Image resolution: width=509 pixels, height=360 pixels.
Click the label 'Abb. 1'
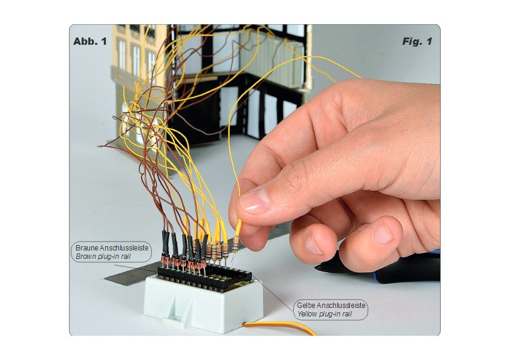90,41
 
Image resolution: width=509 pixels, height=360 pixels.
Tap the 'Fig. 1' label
417,41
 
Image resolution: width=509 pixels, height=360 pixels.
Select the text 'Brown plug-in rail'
103,257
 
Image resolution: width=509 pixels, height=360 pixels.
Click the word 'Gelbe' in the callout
306,306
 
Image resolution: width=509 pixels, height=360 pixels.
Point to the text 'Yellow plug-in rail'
325,314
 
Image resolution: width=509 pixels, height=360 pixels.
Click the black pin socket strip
205,275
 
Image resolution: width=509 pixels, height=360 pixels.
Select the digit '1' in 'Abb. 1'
104,41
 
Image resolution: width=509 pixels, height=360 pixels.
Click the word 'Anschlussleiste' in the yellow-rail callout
341,306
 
